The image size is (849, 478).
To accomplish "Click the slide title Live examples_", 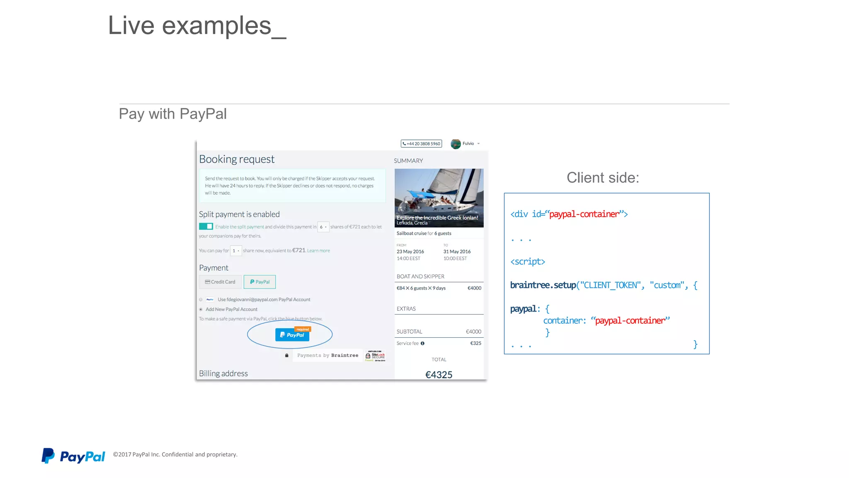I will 197,26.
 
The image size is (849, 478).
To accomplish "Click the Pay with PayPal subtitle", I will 172,114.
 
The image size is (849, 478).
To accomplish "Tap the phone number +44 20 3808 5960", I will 421,144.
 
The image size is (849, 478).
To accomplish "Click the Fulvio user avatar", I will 456,144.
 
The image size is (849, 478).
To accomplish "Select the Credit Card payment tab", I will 220,282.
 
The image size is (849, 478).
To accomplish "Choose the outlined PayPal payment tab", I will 260,282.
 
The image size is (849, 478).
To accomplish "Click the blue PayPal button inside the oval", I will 292,335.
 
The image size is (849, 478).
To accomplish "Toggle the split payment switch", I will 206,227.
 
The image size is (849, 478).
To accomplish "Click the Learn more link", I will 318,251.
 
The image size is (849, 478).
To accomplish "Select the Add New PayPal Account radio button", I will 201,310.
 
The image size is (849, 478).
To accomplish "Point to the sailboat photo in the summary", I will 439,193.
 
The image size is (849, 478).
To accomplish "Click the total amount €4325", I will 439,375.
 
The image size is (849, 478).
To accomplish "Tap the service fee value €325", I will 475,344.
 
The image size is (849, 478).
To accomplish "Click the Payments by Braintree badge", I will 327,356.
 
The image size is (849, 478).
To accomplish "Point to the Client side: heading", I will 603,178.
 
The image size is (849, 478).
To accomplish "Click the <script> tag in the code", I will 527,262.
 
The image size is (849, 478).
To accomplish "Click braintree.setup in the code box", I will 543,285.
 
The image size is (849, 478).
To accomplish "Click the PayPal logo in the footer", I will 73,456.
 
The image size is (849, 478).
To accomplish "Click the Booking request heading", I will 237,159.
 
